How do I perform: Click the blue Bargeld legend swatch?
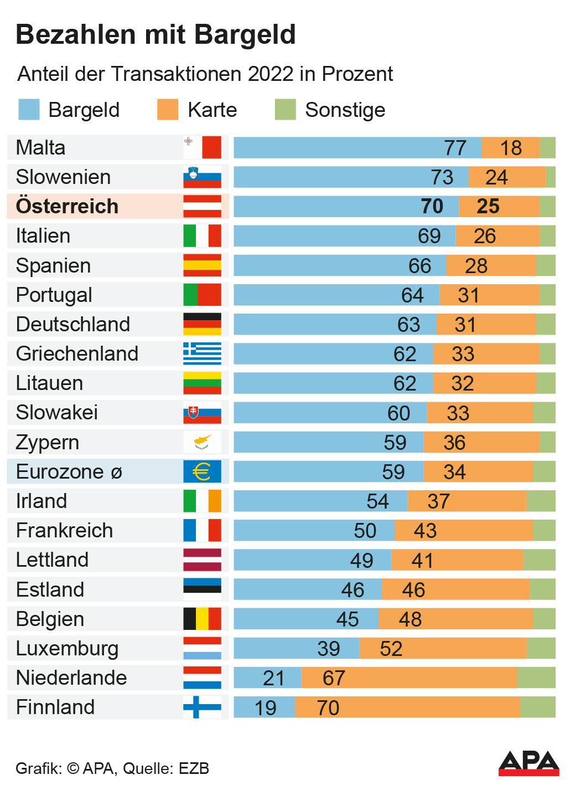tap(29, 110)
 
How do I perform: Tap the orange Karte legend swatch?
tap(168, 110)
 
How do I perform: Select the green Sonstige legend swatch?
tap(286, 110)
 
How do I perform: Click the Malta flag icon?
tap(203, 147)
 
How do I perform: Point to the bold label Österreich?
tap(67, 206)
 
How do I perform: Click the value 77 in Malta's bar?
tap(455, 148)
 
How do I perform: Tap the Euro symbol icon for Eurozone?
tap(203, 472)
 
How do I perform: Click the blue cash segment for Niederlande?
tap(267, 678)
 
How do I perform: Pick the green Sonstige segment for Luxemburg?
tap(541, 648)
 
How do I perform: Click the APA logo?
tap(529, 763)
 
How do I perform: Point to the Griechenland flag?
tap(203, 353)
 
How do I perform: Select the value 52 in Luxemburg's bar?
tap(391, 649)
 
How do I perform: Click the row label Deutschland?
tap(72, 324)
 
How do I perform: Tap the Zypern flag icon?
tap(203, 442)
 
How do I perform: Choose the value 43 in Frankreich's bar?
tap(425, 531)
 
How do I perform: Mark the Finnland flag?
tap(203, 707)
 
